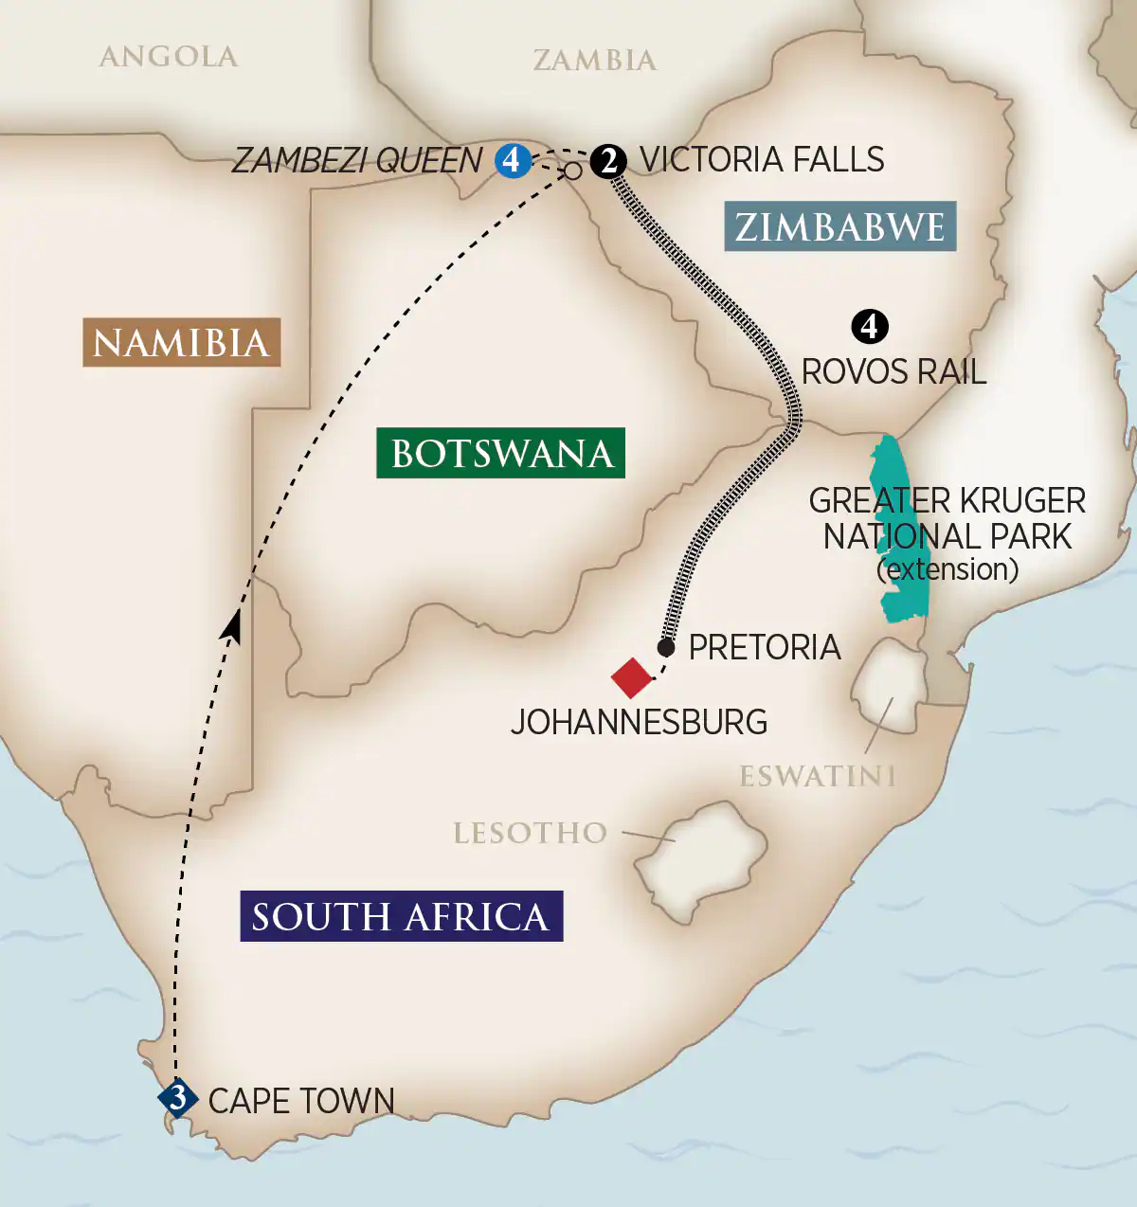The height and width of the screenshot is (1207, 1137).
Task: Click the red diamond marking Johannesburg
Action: tap(632, 677)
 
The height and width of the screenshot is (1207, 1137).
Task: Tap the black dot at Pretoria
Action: tap(666, 648)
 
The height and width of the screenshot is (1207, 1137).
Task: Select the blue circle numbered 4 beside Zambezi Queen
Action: tap(512, 160)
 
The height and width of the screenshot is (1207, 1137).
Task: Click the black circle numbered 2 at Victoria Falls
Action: tap(608, 160)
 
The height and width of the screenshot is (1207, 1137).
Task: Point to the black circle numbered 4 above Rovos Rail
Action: tap(870, 327)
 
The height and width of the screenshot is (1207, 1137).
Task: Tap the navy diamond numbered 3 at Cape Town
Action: tap(177, 1099)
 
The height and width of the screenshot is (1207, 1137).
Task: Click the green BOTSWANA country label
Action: tap(501, 453)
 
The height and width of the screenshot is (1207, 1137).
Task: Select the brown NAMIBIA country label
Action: tap(181, 342)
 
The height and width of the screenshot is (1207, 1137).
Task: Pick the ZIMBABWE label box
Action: tap(839, 226)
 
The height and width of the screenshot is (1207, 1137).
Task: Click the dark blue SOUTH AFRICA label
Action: tap(401, 916)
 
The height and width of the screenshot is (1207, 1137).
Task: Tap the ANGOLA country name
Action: tap(169, 57)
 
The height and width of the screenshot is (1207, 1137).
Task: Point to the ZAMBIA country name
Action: tap(594, 61)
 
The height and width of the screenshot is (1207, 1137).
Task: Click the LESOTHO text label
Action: tap(530, 833)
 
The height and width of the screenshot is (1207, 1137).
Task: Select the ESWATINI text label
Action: tap(817, 777)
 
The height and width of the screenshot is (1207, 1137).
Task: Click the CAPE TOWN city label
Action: tap(301, 1101)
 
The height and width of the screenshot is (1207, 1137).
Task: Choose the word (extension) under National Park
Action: tap(947, 569)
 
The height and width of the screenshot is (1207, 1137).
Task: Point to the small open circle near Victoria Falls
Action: tap(573, 171)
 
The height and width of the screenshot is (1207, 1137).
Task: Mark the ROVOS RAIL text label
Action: tap(893, 371)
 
